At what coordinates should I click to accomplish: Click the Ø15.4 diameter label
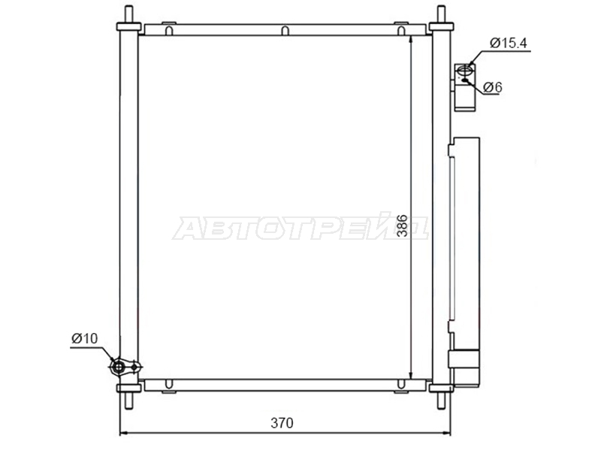click(509, 43)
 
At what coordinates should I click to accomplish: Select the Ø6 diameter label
click(493, 87)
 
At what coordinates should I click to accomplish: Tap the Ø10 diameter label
click(85, 338)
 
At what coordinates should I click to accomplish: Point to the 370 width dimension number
click(282, 422)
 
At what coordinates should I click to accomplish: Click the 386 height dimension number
click(401, 225)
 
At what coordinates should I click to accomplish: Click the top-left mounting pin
click(128, 15)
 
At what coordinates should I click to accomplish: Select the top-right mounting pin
click(441, 15)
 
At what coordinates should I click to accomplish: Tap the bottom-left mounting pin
click(128, 400)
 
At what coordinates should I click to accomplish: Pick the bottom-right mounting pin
click(441, 400)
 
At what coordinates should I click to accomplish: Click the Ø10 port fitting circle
click(119, 368)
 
